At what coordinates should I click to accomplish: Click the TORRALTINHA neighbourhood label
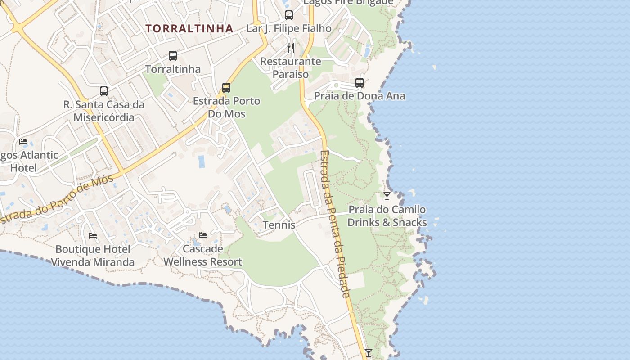tap(189, 29)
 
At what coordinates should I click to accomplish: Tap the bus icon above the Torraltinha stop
tap(173, 56)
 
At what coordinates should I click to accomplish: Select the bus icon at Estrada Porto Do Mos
tap(226, 88)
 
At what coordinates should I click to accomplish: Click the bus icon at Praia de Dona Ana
tap(359, 83)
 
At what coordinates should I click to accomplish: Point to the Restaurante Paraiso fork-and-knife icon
tap(291, 48)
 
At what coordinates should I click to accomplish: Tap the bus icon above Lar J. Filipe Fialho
tap(289, 15)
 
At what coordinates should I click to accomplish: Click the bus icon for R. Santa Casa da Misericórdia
tap(104, 91)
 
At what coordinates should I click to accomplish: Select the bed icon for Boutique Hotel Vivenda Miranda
tap(93, 236)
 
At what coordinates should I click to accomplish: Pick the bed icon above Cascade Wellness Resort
tap(203, 235)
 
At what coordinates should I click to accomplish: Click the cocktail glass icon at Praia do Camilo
tap(387, 196)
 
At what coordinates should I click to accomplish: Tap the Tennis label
tap(279, 225)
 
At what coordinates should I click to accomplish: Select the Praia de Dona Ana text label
tap(360, 96)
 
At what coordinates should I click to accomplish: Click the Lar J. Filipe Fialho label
tap(289, 28)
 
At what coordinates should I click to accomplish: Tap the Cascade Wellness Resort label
tap(203, 255)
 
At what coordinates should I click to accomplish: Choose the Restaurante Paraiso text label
tap(291, 67)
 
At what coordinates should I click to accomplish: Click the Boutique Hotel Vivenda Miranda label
tap(93, 256)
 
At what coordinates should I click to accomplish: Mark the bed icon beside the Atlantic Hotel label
tap(23, 142)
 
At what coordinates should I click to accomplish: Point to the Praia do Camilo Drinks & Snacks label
tap(387, 216)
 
